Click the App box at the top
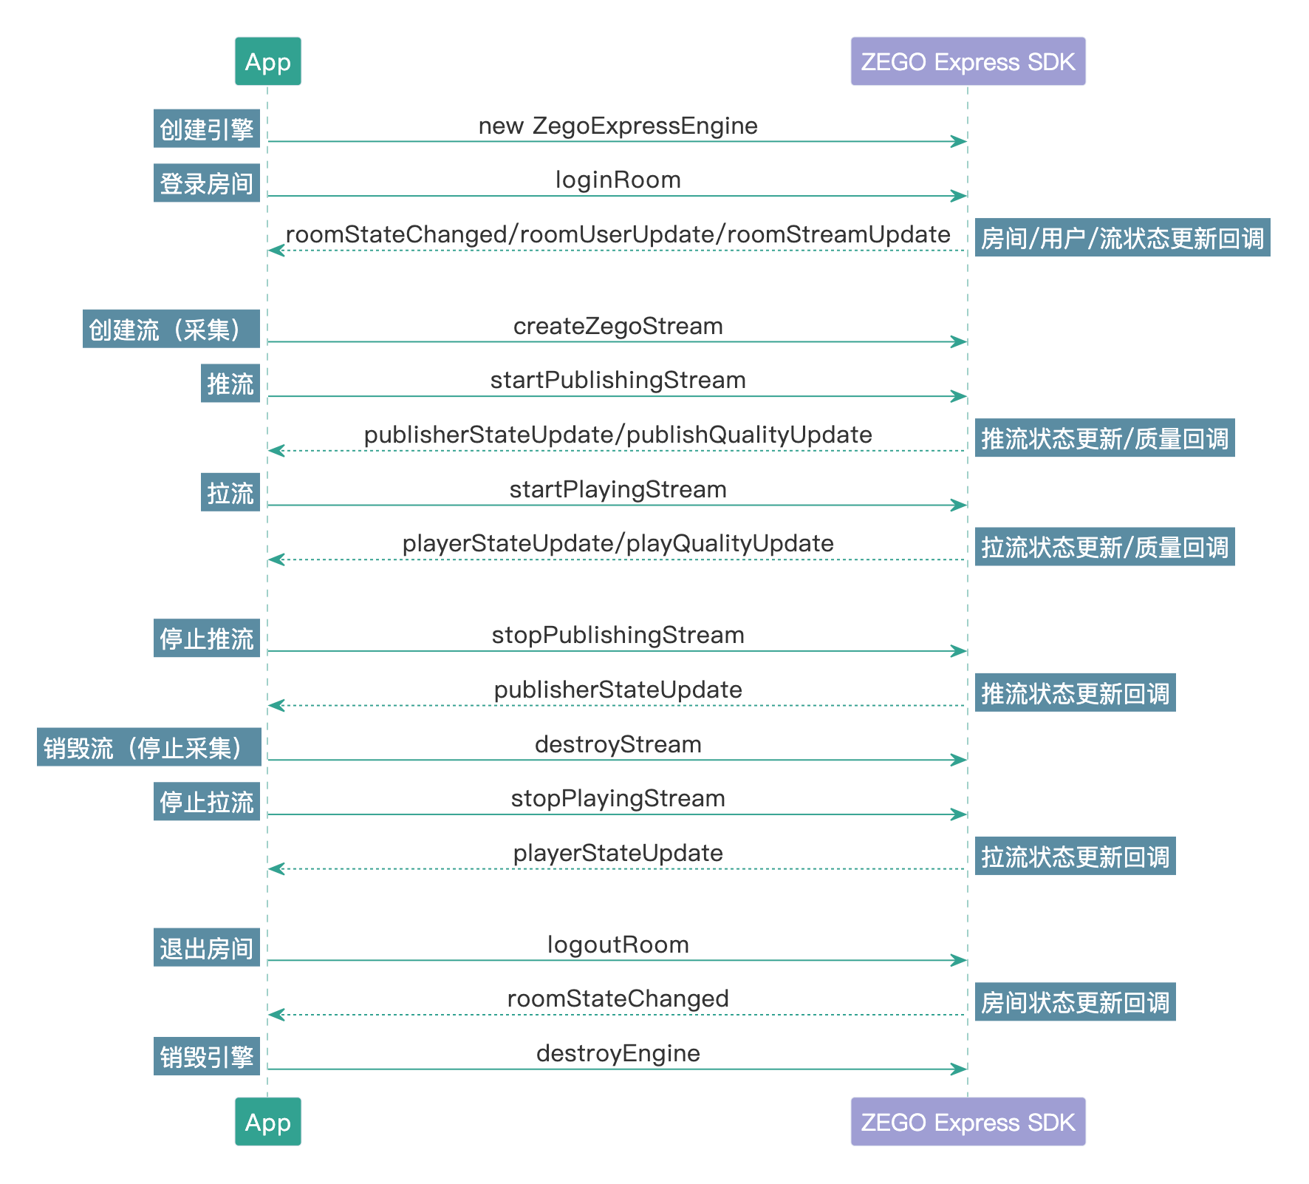(x=267, y=61)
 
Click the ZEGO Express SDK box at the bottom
(x=968, y=1121)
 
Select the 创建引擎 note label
(x=207, y=129)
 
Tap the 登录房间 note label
(x=207, y=183)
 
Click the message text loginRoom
(x=618, y=180)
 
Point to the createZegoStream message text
(x=618, y=326)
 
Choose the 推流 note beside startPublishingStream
(x=230, y=384)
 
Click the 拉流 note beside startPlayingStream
(x=230, y=492)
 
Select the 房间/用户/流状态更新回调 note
(x=1122, y=238)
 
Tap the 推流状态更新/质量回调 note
(x=1104, y=438)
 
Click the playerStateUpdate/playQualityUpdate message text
(x=618, y=543)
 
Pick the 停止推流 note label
(x=207, y=638)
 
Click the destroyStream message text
(x=618, y=744)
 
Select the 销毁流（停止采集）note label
(x=148, y=747)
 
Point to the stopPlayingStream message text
(x=618, y=798)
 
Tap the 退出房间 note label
(x=207, y=947)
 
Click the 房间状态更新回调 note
(x=1075, y=1002)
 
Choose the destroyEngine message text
(x=618, y=1053)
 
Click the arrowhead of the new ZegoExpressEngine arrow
(x=960, y=141)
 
